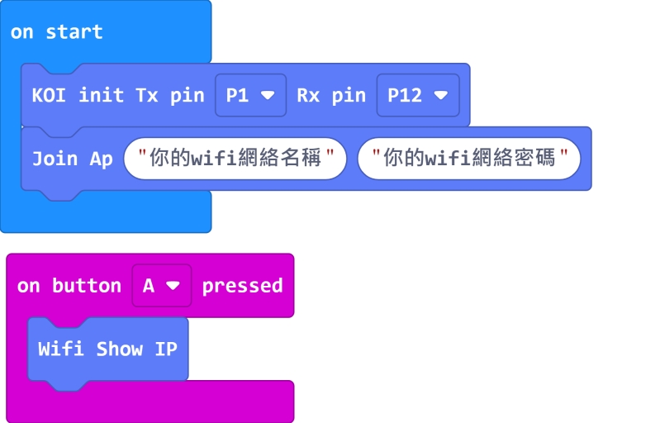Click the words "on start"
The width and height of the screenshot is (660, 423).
pos(56,32)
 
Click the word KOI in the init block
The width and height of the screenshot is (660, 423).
pos(50,95)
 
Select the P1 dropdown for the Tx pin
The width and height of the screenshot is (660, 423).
pos(250,95)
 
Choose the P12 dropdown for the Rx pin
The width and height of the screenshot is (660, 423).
pos(418,95)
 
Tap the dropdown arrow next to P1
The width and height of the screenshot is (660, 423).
pos(268,95)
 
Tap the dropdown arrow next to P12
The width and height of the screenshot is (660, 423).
pos(441,95)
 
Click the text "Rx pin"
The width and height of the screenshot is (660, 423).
pos(330,95)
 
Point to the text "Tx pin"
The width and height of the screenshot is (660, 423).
pos(169,95)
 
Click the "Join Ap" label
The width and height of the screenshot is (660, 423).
pos(72,159)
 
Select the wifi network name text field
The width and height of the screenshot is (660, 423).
pos(235,159)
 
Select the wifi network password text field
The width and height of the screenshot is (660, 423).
pos(468,159)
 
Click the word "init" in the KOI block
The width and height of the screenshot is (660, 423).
pos(101,95)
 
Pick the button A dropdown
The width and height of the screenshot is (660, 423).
pos(161,286)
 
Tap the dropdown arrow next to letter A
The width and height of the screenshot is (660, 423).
pos(173,286)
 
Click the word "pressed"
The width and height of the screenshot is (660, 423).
pos(242,286)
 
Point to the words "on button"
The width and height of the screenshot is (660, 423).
pos(69,286)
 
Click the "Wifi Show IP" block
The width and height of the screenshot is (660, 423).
pos(107,349)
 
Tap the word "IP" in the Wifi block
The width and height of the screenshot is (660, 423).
pos(166,349)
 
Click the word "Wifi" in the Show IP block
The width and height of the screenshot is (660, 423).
pos(60,349)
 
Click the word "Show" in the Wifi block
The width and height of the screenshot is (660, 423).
pos(119,349)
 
